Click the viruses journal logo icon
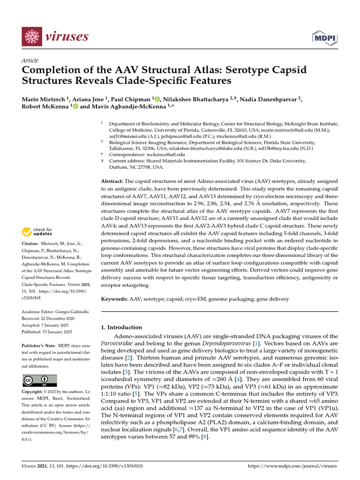click(32, 36)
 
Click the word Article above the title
click(30, 60)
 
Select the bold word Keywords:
click(115, 299)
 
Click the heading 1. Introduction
click(121, 327)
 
